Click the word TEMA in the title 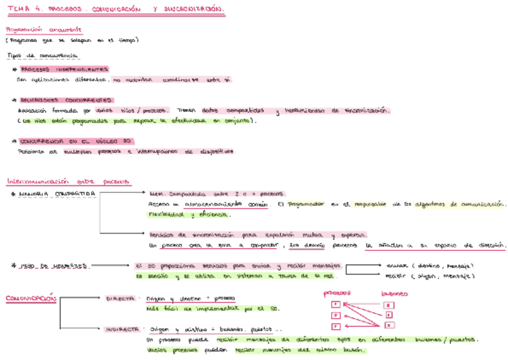[19, 10]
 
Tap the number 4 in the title [38, 10]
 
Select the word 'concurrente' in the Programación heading [66, 29]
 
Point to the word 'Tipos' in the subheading [14, 56]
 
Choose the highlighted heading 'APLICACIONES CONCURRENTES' [66, 100]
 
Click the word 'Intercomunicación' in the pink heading [37, 181]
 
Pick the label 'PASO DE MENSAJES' [54, 265]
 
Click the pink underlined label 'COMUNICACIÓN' [30, 298]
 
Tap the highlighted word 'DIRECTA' [120, 298]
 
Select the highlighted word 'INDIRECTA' [123, 329]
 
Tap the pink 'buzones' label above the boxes [395, 294]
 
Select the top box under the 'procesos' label [335, 304]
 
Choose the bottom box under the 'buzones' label [389, 325]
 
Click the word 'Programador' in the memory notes [306, 204]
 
